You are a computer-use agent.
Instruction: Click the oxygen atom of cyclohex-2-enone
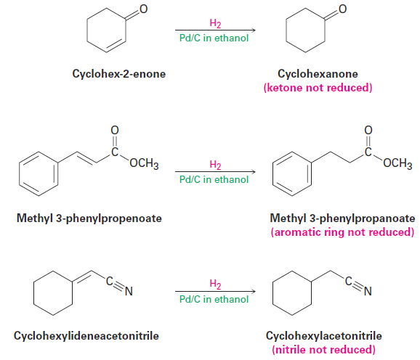pos(144,9)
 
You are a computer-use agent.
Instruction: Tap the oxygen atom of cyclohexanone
pos(342,9)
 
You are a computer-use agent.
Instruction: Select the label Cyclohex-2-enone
pos(119,74)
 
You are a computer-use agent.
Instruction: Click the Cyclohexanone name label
pos(318,74)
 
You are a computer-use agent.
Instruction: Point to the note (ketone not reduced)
pos(318,88)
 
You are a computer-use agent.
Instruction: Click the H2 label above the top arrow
pos(215,23)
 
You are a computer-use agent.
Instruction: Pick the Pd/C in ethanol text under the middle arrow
pos(214,179)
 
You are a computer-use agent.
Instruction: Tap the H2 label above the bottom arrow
pos(215,284)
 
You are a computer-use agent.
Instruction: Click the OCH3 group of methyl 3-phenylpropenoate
pos(144,163)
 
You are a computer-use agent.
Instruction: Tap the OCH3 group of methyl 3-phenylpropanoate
pos(397,163)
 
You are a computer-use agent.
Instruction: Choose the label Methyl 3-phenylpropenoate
pos(89,218)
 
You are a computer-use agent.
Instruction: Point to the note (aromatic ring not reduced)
pos(342,232)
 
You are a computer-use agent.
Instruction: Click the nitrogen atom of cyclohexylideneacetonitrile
pos(129,291)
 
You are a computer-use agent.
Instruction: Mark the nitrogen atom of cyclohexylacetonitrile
pos(368,291)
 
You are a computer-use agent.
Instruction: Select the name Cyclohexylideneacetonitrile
pos(86,336)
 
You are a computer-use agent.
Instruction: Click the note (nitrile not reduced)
pos(323,350)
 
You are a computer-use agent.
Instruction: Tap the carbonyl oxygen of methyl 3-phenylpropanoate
pos(368,130)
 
